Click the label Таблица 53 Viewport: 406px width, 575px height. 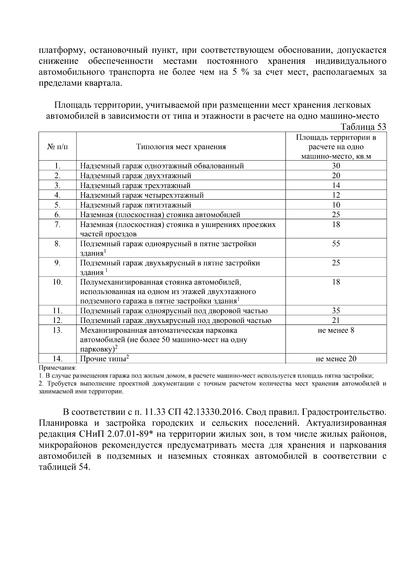tap(363, 127)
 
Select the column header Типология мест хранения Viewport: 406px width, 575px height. tap(181, 147)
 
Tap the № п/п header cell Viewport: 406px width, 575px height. tap(57, 147)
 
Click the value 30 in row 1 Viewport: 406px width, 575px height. tap(336, 166)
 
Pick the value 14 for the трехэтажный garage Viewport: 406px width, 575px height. tap(336, 185)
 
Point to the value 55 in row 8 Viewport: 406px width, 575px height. tap(336, 244)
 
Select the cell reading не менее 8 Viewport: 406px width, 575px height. tap(336, 330)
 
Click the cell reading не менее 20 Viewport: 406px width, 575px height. tap(336, 359)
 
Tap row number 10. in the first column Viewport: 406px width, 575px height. tap(57, 282)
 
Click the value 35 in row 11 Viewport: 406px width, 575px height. tap(336, 311)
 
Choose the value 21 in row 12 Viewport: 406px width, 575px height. tap(336, 321)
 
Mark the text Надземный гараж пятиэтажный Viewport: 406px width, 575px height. tap(136, 205)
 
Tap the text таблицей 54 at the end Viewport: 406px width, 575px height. tap(63, 467)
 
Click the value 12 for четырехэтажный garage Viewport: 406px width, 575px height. tap(336, 195)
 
